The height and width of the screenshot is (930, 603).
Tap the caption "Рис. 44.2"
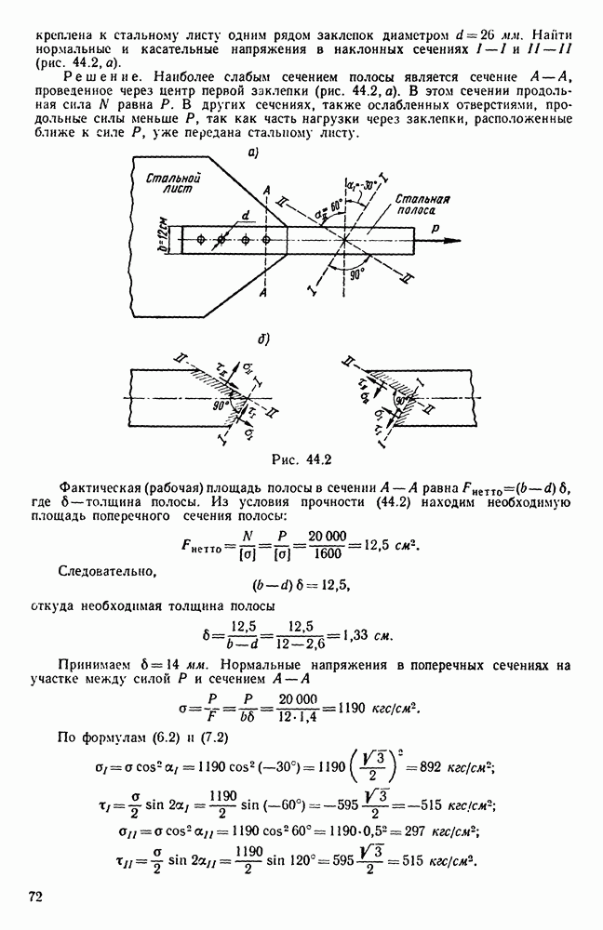(x=301, y=458)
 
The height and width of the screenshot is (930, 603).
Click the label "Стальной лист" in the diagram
(x=177, y=182)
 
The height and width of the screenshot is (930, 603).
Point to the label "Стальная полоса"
(x=421, y=204)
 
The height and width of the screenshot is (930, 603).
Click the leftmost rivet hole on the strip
(x=199, y=240)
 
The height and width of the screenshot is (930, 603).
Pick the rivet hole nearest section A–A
(x=266, y=240)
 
